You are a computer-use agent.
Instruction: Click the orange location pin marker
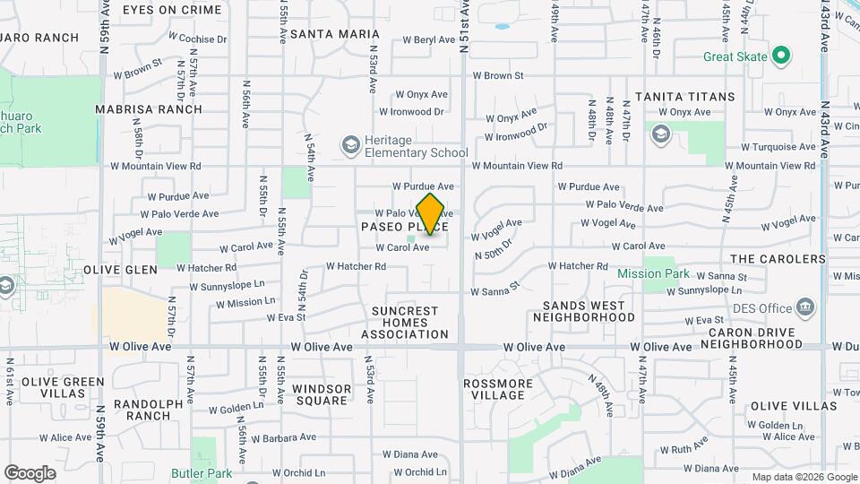[x=431, y=213]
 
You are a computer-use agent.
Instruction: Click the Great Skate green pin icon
[x=781, y=56]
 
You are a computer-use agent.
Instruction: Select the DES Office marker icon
[x=806, y=308]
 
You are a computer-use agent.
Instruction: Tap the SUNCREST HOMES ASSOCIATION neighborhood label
[x=405, y=323]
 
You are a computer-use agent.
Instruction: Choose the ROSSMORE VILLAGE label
[x=498, y=389]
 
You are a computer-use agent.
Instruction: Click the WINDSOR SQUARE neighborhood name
[x=321, y=394]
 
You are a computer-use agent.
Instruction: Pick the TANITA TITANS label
[x=685, y=96]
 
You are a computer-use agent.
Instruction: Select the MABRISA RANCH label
[x=150, y=109]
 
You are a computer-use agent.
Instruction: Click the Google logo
[x=30, y=472]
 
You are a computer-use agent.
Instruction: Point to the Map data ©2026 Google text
[x=804, y=477]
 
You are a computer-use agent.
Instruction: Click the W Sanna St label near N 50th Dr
[x=496, y=290]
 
